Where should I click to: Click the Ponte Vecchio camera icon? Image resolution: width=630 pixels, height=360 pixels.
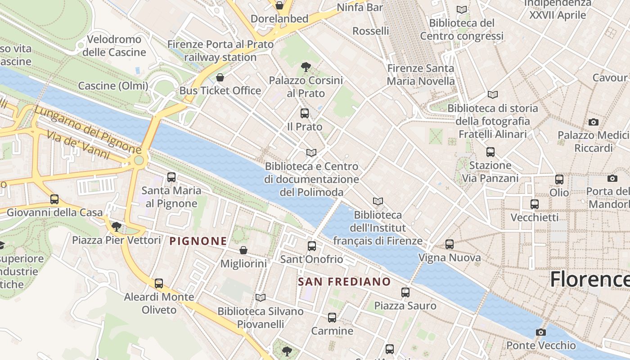[x=540, y=333]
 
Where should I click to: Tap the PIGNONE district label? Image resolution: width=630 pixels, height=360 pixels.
[x=198, y=241]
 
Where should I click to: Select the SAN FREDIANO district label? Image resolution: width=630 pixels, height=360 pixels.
[x=345, y=282]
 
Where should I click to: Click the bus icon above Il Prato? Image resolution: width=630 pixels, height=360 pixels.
[x=305, y=113]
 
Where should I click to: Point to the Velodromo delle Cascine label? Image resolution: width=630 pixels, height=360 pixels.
[x=114, y=46]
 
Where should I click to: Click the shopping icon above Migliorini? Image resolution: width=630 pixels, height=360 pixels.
[x=243, y=250]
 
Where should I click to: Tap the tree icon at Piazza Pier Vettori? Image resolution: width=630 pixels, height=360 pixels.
[x=117, y=226]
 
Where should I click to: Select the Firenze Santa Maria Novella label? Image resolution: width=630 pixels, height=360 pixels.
[x=421, y=75]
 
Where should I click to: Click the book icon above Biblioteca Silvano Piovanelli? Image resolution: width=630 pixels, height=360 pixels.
[x=261, y=297]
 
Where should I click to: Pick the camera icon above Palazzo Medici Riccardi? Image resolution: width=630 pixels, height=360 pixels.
[x=594, y=122]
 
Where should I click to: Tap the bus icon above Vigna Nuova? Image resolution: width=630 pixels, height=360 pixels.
[x=450, y=244]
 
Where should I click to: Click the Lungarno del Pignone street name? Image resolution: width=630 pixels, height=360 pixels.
[x=88, y=129]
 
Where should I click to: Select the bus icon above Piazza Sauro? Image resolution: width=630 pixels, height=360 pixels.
[x=405, y=292]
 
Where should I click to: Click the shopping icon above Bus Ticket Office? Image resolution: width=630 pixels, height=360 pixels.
[x=220, y=77]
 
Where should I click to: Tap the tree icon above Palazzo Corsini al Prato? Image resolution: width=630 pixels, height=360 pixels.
[x=306, y=67]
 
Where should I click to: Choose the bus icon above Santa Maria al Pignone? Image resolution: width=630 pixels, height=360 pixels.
[x=171, y=177]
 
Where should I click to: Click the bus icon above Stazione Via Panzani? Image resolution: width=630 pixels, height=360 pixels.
[x=490, y=152]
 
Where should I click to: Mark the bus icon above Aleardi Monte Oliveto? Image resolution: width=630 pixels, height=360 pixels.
[x=159, y=283]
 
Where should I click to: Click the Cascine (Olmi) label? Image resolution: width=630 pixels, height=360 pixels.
[x=113, y=86]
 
